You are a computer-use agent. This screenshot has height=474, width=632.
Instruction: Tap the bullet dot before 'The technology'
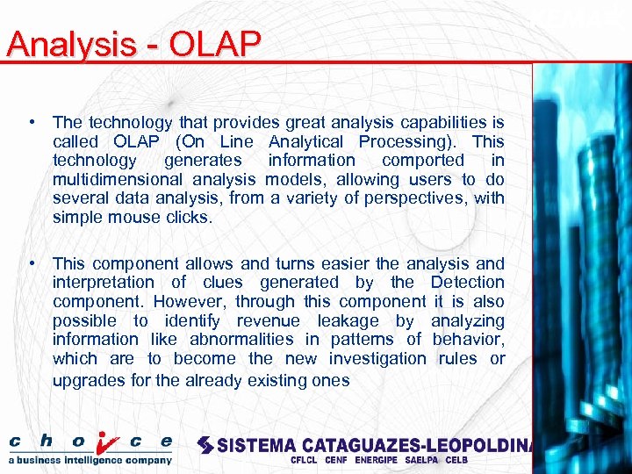[31, 123]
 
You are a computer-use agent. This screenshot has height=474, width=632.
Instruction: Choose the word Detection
[467, 282]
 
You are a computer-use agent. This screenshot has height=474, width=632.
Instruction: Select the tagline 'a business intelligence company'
[90, 459]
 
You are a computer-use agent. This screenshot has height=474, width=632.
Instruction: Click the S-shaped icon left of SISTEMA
[205, 445]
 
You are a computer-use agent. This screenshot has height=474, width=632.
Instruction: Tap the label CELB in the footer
[456, 460]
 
